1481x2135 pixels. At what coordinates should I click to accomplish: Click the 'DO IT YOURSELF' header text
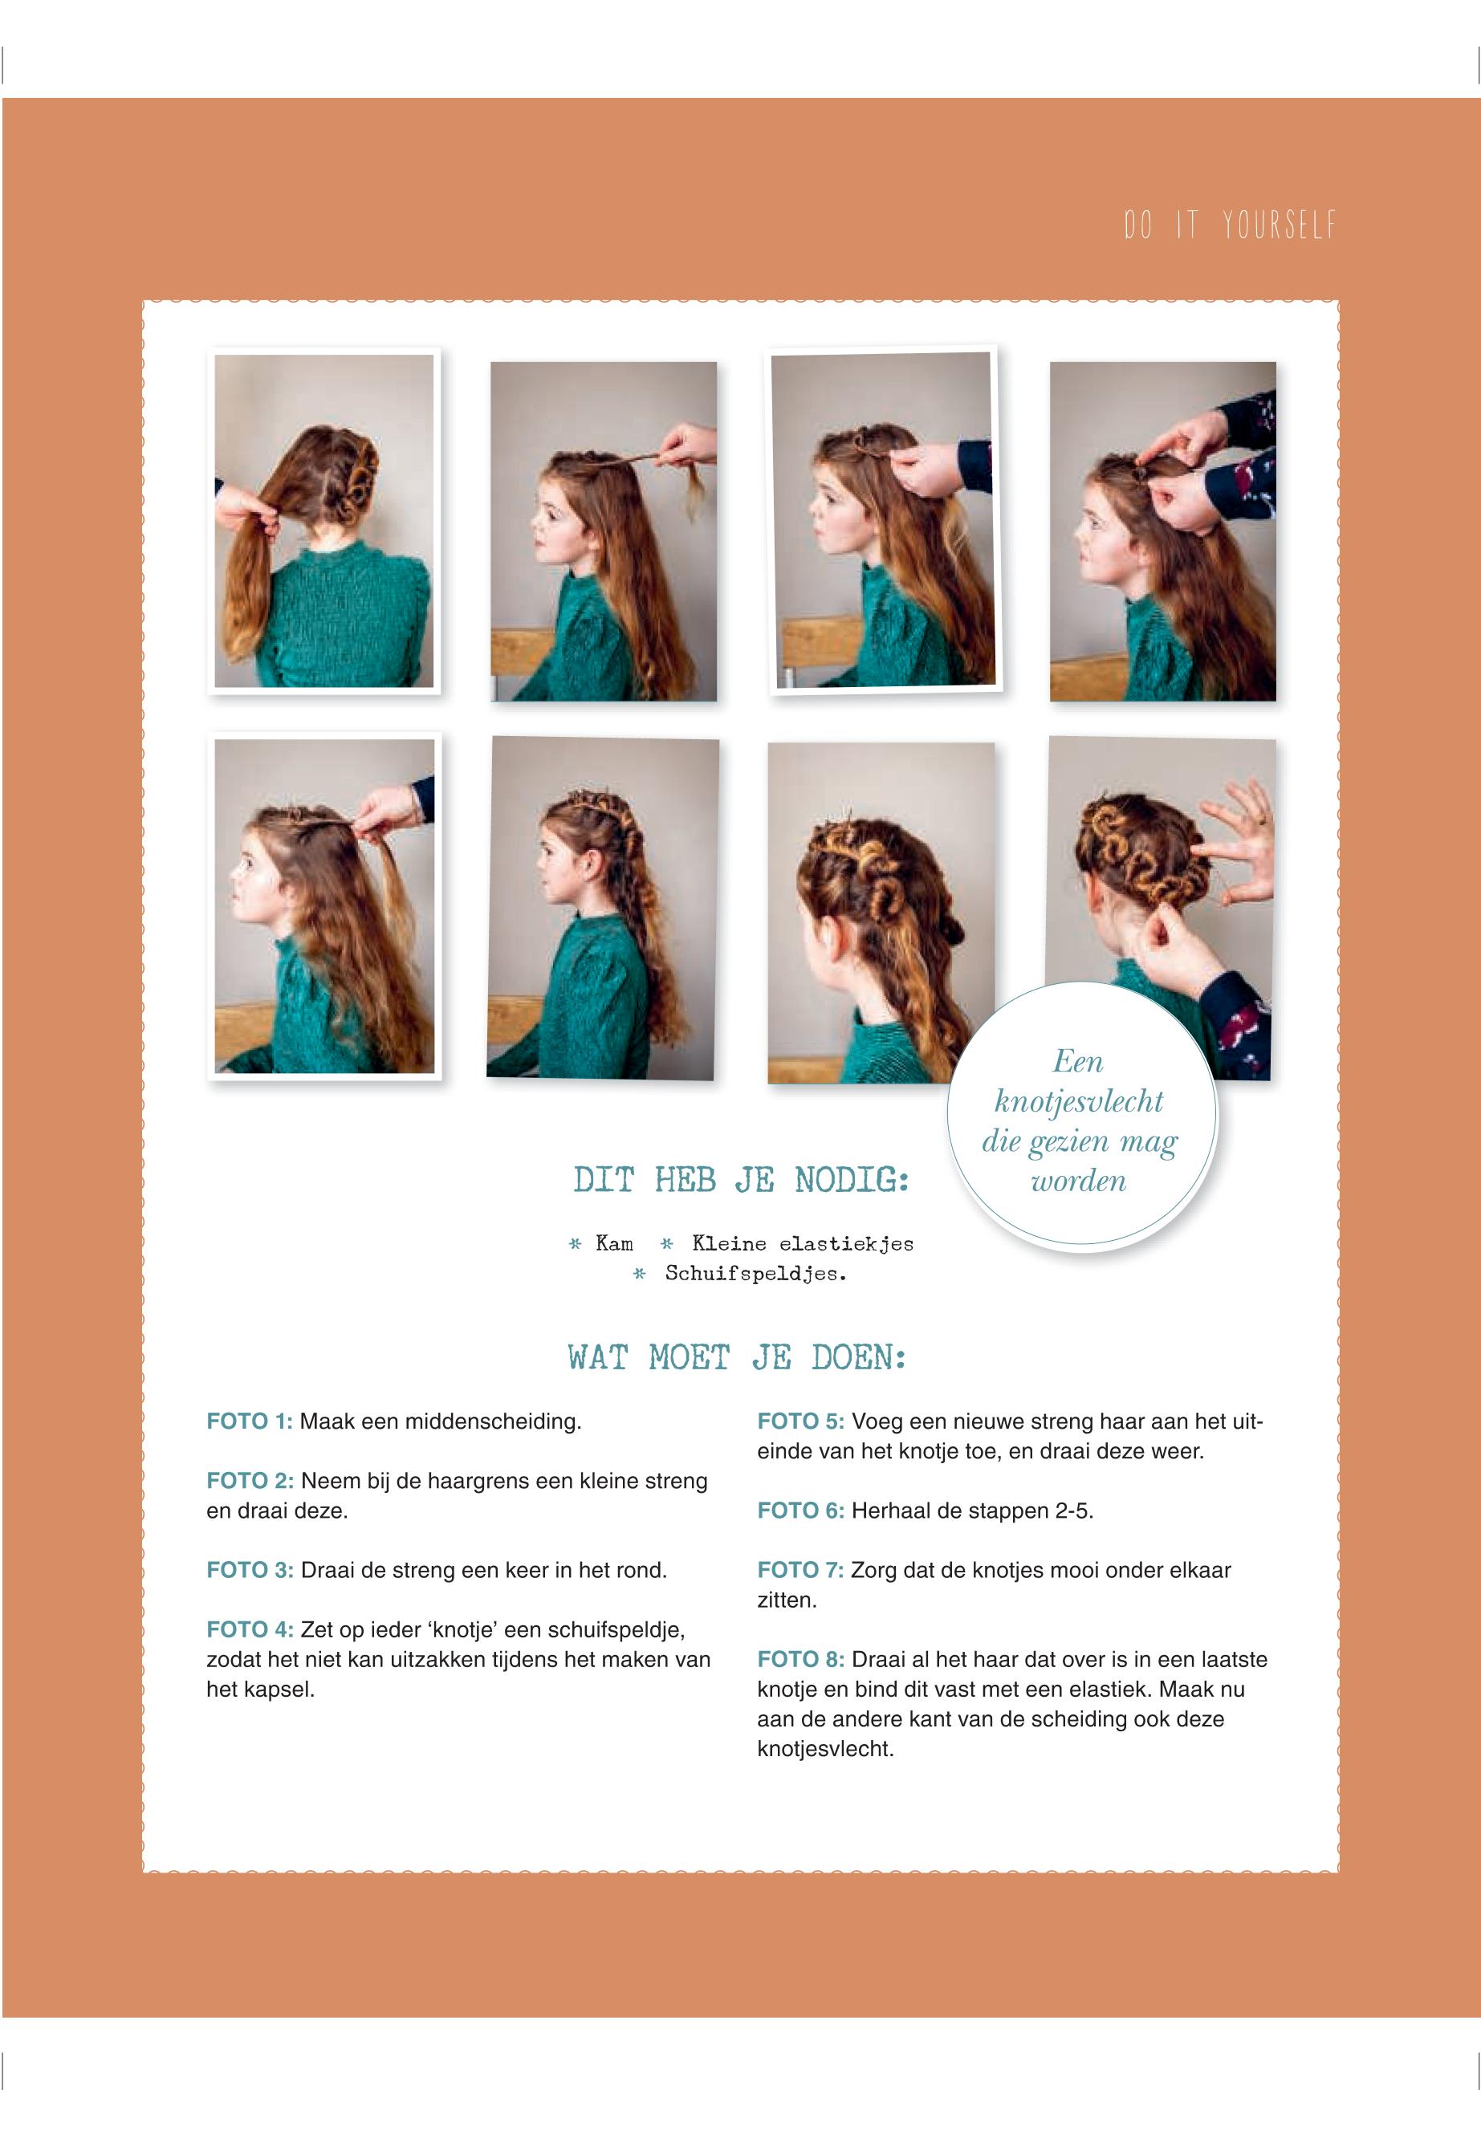(1230, 226)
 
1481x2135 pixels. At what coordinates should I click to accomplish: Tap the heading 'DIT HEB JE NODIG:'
(740, 1180)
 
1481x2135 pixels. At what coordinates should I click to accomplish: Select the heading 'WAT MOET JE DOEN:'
(737, 1358)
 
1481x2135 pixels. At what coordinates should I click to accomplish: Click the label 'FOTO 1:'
(250, 1421)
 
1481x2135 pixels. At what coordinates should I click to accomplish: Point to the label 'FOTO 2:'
(250, 1481)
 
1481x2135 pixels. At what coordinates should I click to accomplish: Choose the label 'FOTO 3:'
(250, 1570)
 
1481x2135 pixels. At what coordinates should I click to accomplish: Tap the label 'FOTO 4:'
(250, 1629)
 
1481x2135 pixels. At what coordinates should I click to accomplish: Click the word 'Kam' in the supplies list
(614, 1243)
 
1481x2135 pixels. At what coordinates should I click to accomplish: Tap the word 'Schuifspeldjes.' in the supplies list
(755, 1274)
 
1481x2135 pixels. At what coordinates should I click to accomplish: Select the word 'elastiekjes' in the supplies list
(846, 1244)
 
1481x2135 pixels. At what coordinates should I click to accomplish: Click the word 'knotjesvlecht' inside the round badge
(1078, 1102)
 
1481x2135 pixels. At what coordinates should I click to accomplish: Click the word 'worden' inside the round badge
(1078, 1181)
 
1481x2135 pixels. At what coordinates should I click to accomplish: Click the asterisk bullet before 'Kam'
(576, 1244)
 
